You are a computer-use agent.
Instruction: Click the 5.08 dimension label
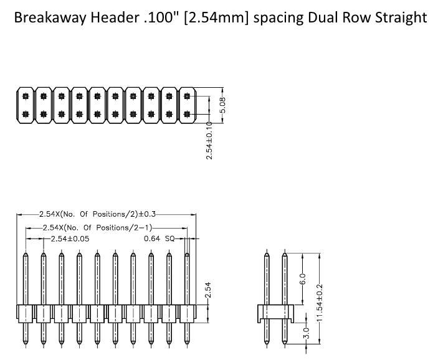[223, 107]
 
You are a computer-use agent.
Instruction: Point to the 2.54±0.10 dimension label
[210, 140]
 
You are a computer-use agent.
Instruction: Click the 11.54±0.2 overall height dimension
[320, 303]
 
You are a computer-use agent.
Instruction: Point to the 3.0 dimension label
[305, 333]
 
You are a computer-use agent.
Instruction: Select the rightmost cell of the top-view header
[188, 106]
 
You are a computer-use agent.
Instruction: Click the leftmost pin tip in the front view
[25, 253]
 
